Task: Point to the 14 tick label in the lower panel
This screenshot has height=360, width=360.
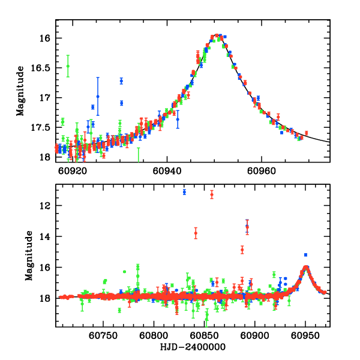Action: [46, 236]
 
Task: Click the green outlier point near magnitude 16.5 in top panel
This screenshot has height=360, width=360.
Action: [68, 66]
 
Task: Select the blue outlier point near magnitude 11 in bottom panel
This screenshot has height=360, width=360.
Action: [184, 192]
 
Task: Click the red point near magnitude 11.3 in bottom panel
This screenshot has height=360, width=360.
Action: [212, 194]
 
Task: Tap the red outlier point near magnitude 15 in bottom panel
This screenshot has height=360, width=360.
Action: [242, 249]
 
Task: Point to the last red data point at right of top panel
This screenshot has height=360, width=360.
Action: [306, 133]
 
